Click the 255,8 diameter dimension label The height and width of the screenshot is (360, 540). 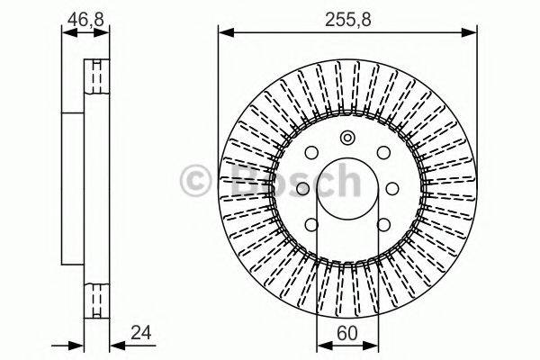click(346, 16)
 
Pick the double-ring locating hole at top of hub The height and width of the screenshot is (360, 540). click(347, 138)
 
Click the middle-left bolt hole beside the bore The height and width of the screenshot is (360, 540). click(301, 188)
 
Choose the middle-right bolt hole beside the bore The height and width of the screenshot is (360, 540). click(392, 188)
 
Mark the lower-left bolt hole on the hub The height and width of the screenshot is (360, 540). click(311, 225)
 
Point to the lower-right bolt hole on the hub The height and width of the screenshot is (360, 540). click(382, 225)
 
